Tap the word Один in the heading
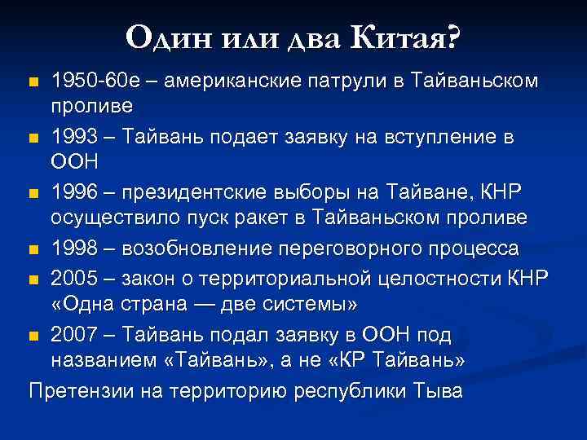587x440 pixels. click(x=161, y=36)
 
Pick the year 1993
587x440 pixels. click(x=75, y=136)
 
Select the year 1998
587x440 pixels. click(x=75, y=247)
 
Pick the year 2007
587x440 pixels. click(x=75, y=334)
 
